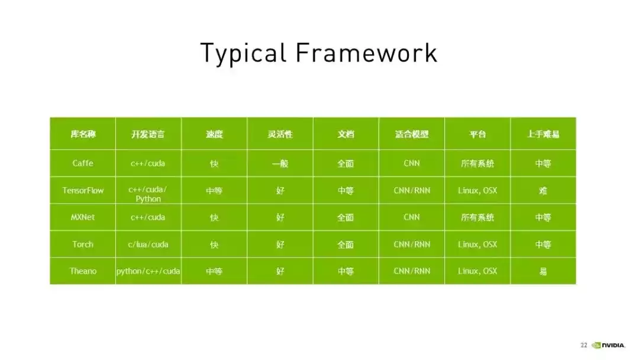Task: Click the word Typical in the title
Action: click(243, 53)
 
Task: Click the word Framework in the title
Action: click(366, 53)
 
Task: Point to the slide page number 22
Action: click(584, 345)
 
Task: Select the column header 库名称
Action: click(83, 134)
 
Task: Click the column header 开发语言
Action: click(148, 134)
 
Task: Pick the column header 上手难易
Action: click(543, 134)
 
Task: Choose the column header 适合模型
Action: click(412, 134)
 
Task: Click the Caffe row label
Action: click(83, 163)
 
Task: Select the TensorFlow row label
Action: click(83, 191)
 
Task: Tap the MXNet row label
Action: click(83, 217)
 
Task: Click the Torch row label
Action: click(83, 244)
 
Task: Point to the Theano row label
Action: click(83, 271)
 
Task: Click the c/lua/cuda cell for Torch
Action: click(148, 244)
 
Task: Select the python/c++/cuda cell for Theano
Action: click(148, 271)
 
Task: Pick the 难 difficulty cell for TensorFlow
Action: click(543, 191)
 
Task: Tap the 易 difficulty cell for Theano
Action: click(543, 271)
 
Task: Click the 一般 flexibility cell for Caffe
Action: click(280, 163)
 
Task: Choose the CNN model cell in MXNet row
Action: click(412, 217)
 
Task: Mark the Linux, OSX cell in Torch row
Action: click(477, 244)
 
